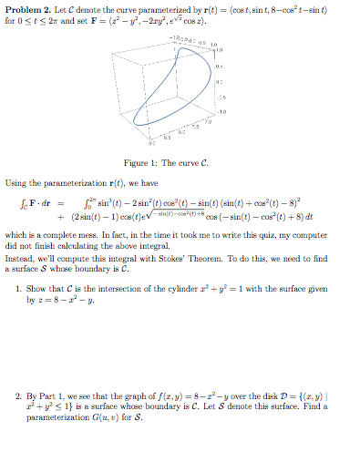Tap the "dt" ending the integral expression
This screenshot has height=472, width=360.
coord(310,219)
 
